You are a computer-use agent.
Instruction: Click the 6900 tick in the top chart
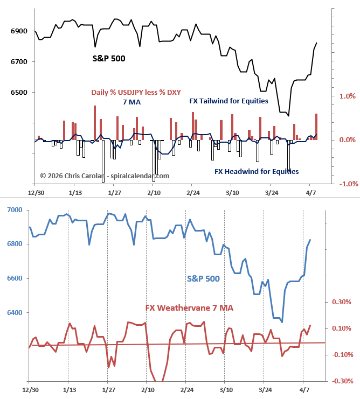click(x=18, y=31)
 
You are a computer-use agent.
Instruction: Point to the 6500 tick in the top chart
click(x=18, y=93)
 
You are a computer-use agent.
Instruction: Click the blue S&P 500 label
click(x=204, y=278)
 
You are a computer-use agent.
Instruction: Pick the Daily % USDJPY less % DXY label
click(x=136, y=92)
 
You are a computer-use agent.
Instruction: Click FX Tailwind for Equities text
click(x=229, y=101)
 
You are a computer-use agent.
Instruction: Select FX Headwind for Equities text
click(x=257, y=171)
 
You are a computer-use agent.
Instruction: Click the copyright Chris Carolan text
click(x=105, y=176)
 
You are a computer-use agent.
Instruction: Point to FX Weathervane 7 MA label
click(x=190, y=308)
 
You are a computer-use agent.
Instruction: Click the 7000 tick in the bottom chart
click(x=15, y=209)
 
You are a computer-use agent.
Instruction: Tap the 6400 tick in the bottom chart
click(x=15, y=313)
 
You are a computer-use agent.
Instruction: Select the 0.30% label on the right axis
click(x=342, y=302)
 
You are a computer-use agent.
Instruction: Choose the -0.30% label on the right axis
click(x=341, y=381)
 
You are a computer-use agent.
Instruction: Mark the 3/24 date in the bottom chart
click(x=264, y=389)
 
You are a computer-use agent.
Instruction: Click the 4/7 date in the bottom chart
click(x=303, y=389)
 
